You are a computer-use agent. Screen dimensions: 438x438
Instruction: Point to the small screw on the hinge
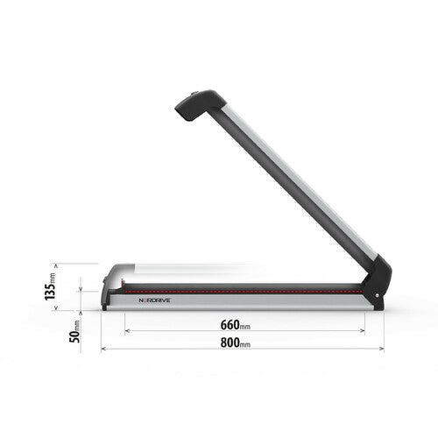tap(378, 305)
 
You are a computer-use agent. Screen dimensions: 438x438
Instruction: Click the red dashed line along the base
tap(245, 286)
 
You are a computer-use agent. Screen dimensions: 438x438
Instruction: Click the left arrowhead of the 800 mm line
tap(103, 349)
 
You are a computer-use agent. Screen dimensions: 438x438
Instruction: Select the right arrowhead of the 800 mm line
tap(382, 349)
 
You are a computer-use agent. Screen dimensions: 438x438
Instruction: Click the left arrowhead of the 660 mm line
tap(127, 331)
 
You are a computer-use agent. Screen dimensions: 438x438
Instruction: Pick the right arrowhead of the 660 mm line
tap(364, 331)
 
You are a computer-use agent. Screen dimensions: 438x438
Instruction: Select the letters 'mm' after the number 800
tap(245, 344)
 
